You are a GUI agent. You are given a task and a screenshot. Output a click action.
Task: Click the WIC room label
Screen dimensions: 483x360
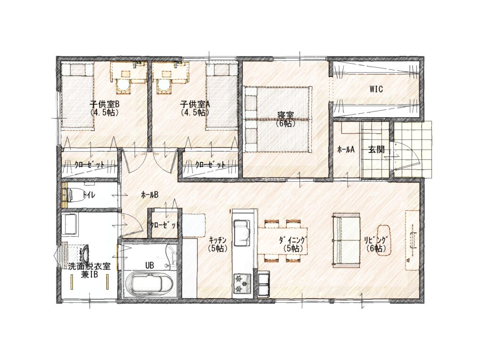[376, 89]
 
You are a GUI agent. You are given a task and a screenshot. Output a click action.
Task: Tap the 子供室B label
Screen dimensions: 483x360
[104, 104]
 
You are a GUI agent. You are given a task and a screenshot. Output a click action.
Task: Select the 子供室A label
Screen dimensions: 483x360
[195, 104]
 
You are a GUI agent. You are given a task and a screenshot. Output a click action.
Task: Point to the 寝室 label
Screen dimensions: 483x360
[285, 116]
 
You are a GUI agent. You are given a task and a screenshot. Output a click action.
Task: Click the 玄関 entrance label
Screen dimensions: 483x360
[376, 150]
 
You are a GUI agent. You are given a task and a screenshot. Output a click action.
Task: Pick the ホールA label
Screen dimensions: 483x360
[346, 150]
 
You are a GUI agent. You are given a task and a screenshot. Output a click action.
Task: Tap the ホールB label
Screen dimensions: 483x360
[150, 194]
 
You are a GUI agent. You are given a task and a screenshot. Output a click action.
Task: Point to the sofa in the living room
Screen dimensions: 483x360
[346, 240]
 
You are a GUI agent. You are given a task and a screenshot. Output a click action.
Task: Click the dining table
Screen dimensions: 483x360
[283, 241]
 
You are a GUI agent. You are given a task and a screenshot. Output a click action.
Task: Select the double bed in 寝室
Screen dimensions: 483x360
[278, 119]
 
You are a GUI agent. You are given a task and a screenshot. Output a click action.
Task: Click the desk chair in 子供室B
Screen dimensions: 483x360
[124, 87]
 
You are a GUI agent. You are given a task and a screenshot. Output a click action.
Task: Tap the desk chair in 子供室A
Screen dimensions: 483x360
[165, 87]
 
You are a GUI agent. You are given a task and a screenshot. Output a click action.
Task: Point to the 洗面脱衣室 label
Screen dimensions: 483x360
[89, 266]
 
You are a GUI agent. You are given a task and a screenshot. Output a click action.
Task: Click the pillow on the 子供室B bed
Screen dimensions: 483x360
[77, 70]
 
